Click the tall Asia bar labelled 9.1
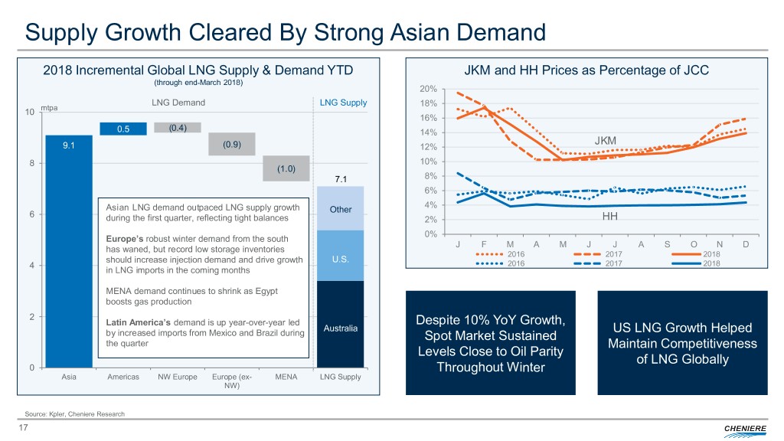[x=69, y=253]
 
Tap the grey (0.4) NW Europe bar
[x=178, y=127]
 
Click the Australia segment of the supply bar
[x=341, y=325]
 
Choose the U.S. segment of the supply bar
[x=341, y=256]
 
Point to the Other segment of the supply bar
[x=341, y=208]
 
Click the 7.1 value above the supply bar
[x=341, y=179]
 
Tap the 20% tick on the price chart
[x=428, y=88]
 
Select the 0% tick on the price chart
[x=430, y=234]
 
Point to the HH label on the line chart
[x=610, y=217]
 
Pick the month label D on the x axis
[x=746, y=244]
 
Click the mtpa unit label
[x=49, y=108]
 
